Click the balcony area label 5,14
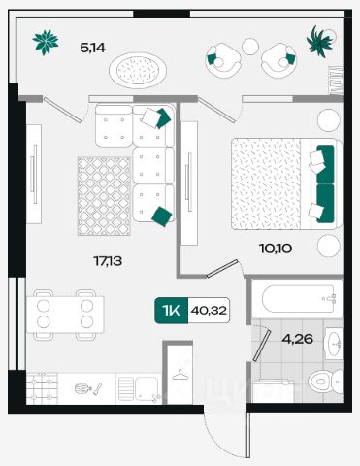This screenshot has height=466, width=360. point(92,48)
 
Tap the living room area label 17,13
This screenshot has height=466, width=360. point(108,260)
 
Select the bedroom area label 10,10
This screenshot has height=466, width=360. point(276,249)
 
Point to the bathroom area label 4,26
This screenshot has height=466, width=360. point(298,339)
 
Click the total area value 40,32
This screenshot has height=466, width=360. point(209,311)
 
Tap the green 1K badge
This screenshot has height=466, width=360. point(171,311)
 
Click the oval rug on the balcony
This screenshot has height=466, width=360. point(138,70)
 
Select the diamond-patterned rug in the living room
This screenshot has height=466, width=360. point(104,196)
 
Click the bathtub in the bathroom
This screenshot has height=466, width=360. point(298,299)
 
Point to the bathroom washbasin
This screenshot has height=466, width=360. point(334,344)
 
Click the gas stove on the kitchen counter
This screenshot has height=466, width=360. point(42,388)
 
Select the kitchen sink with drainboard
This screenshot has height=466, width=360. point(139,388)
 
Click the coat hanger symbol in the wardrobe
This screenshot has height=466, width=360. point(180,376)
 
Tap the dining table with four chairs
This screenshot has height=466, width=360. point(65,315)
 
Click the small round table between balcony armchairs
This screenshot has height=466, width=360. point(250,47)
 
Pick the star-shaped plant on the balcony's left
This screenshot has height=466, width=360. point(46,43)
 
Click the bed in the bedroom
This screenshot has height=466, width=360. point(286,183)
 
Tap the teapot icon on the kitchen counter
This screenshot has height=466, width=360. point(81,388)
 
